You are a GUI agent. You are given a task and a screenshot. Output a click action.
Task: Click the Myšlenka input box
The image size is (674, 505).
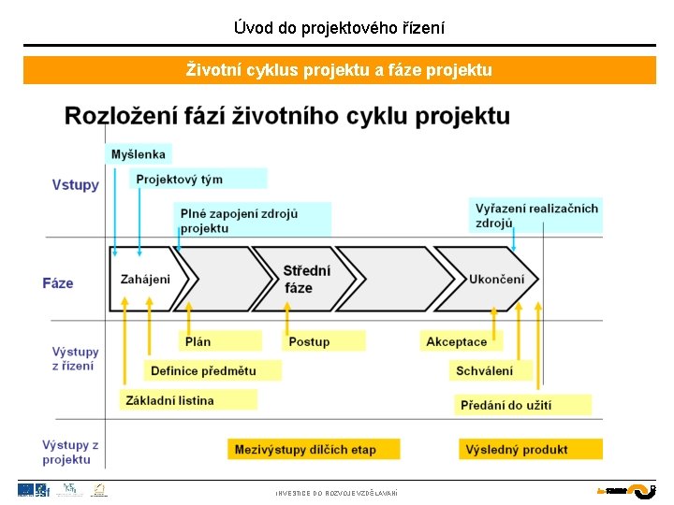coord(139,154)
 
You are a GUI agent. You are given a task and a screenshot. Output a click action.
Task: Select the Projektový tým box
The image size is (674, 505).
coord(198,179)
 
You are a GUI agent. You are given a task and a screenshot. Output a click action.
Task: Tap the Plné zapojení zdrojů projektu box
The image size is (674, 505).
coord(252,221)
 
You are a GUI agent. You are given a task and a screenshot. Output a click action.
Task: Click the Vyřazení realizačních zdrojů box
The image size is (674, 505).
coord(535,215)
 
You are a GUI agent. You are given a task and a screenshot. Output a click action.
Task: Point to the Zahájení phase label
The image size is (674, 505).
coord(145,279)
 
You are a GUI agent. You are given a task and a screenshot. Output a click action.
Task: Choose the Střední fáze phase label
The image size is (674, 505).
coord(306,279)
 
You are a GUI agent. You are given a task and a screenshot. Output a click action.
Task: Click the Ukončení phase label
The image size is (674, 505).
coord(496,279)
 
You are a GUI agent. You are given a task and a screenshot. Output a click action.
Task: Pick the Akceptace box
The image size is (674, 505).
coord(461,341)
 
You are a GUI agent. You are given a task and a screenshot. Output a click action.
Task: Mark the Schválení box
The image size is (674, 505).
coord(490,370)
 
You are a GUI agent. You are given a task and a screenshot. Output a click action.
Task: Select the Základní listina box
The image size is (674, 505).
coord(188,400)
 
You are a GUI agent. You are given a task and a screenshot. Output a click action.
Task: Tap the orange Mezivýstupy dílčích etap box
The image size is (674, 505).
coord(313,449)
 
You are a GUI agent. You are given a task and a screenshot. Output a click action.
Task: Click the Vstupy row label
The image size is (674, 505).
coord(75,185)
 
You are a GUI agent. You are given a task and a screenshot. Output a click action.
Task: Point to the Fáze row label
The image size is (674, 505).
coord(57,282)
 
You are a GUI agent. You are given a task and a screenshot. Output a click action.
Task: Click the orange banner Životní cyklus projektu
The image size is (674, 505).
coord(339,70)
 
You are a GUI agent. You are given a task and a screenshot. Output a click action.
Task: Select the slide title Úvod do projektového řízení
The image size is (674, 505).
coord(339,28)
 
